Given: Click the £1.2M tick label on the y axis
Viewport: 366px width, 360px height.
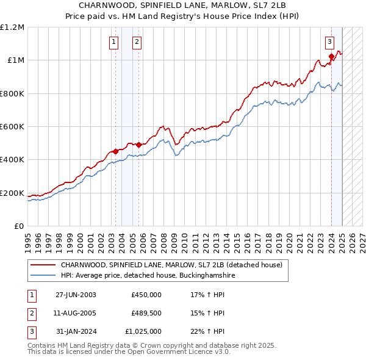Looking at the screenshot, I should tap(12, 27).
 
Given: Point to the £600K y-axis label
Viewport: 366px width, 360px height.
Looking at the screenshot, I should tap(12, 126).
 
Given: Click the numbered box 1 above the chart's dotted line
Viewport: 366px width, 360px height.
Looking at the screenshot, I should tap(114, 42).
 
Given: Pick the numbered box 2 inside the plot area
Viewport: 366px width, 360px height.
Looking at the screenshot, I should tap(137, 42).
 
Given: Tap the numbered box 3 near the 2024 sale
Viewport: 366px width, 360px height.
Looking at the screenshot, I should tap(329, 42).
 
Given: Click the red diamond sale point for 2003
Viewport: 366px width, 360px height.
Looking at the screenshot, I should tap(116, 151).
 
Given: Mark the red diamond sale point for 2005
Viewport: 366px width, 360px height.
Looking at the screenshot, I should tap(138, 145).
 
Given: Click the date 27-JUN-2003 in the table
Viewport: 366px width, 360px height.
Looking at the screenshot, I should tap(76, 294).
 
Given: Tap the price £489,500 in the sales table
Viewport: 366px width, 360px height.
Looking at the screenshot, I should tap(146, 313).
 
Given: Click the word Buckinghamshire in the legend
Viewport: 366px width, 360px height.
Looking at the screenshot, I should tap(204, 276).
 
